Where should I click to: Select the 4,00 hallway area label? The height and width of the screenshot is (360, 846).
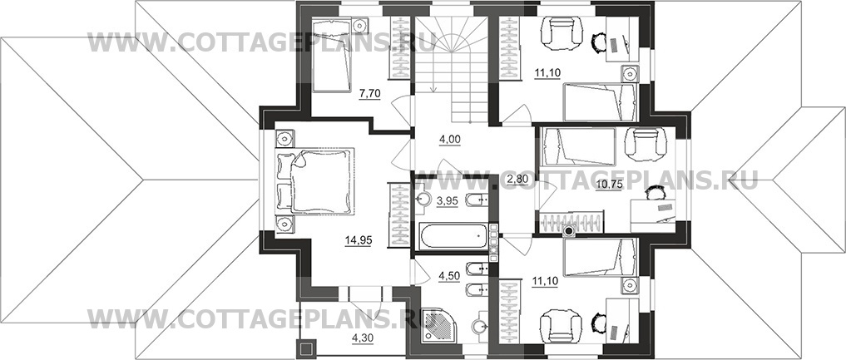point(449,139)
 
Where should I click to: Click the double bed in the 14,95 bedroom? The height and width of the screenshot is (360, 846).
point(315,181)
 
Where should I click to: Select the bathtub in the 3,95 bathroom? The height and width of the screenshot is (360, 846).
point(453,237)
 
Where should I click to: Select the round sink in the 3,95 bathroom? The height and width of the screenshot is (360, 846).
point(424,200)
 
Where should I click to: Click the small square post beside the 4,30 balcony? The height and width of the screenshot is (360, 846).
point(305,348)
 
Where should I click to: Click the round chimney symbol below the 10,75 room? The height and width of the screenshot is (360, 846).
point(568,232)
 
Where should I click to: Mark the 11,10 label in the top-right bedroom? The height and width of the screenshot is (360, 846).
point(547,75)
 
